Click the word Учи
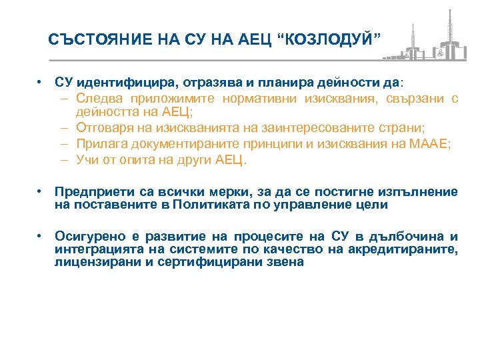[87, 160]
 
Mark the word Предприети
[88, 192]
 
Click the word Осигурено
[83, 237]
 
